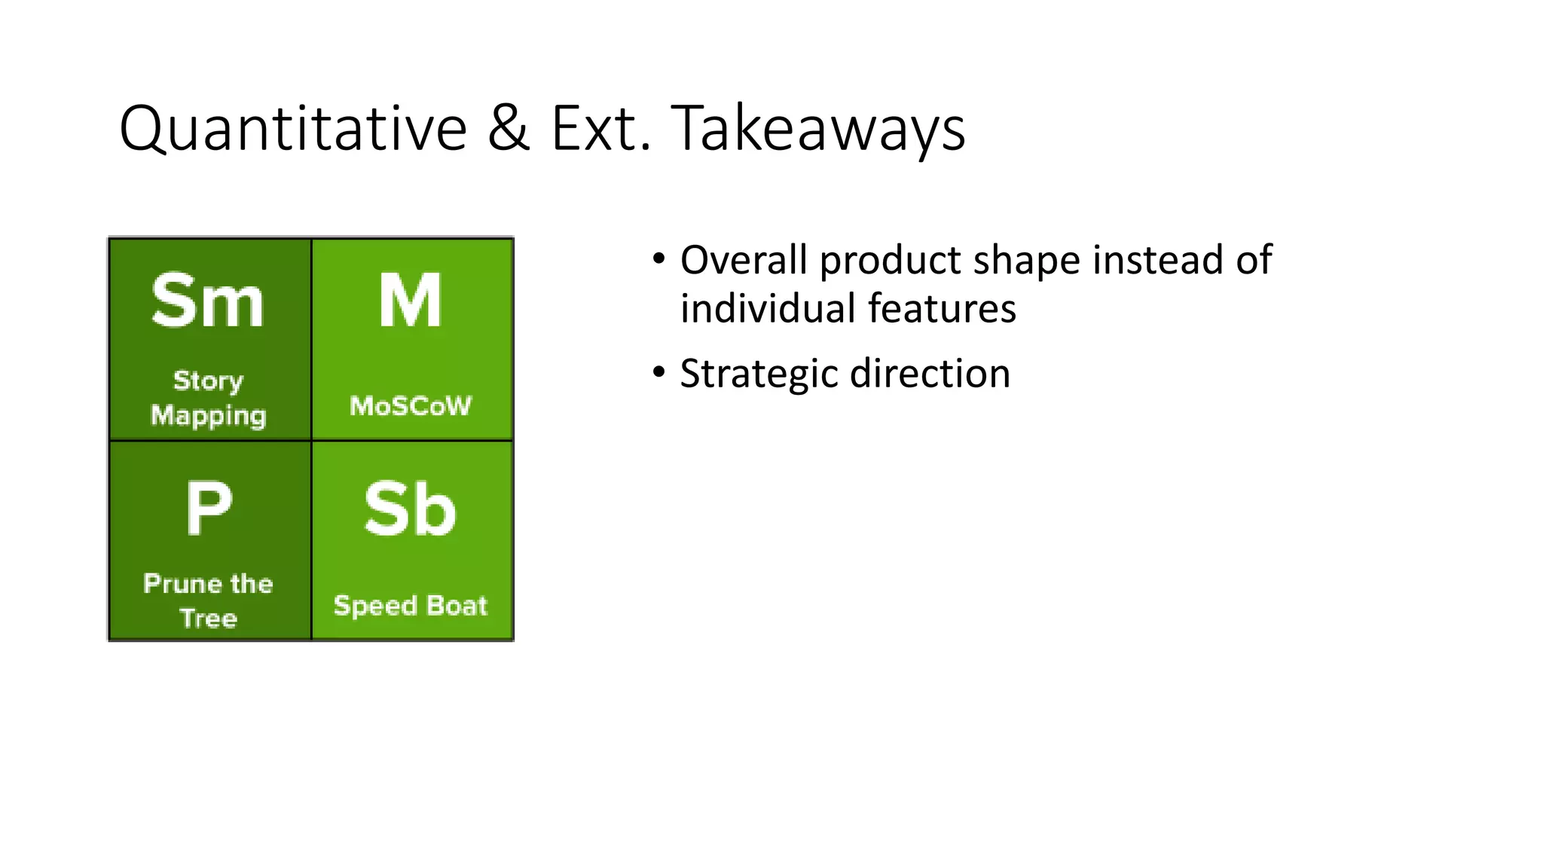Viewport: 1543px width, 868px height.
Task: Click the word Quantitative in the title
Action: [x=293, y=129]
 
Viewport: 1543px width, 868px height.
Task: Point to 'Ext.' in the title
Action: [x=600, y=128]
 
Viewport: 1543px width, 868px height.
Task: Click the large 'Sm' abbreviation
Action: [x=208, y=301]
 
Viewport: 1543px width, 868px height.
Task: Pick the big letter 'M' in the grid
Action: [x=411, y=301]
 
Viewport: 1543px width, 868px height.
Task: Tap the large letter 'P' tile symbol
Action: [x=209, y=508]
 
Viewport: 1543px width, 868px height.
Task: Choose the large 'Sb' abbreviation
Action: [x=411, y=509]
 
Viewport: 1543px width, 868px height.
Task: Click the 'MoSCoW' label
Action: [x=411, y=406]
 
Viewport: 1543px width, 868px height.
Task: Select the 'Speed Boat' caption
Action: [x=411, y=606]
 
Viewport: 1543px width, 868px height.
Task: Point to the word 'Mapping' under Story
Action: [x=209, y=416]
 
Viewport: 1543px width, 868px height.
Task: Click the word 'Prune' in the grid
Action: [x=182, y=584]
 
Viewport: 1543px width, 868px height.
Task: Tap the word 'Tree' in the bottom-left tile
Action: [x=209, y=619]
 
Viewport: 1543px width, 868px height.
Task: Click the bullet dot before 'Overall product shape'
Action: [x=659, y=259]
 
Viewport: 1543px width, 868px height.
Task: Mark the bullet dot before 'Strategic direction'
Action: [x=659, y=372]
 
